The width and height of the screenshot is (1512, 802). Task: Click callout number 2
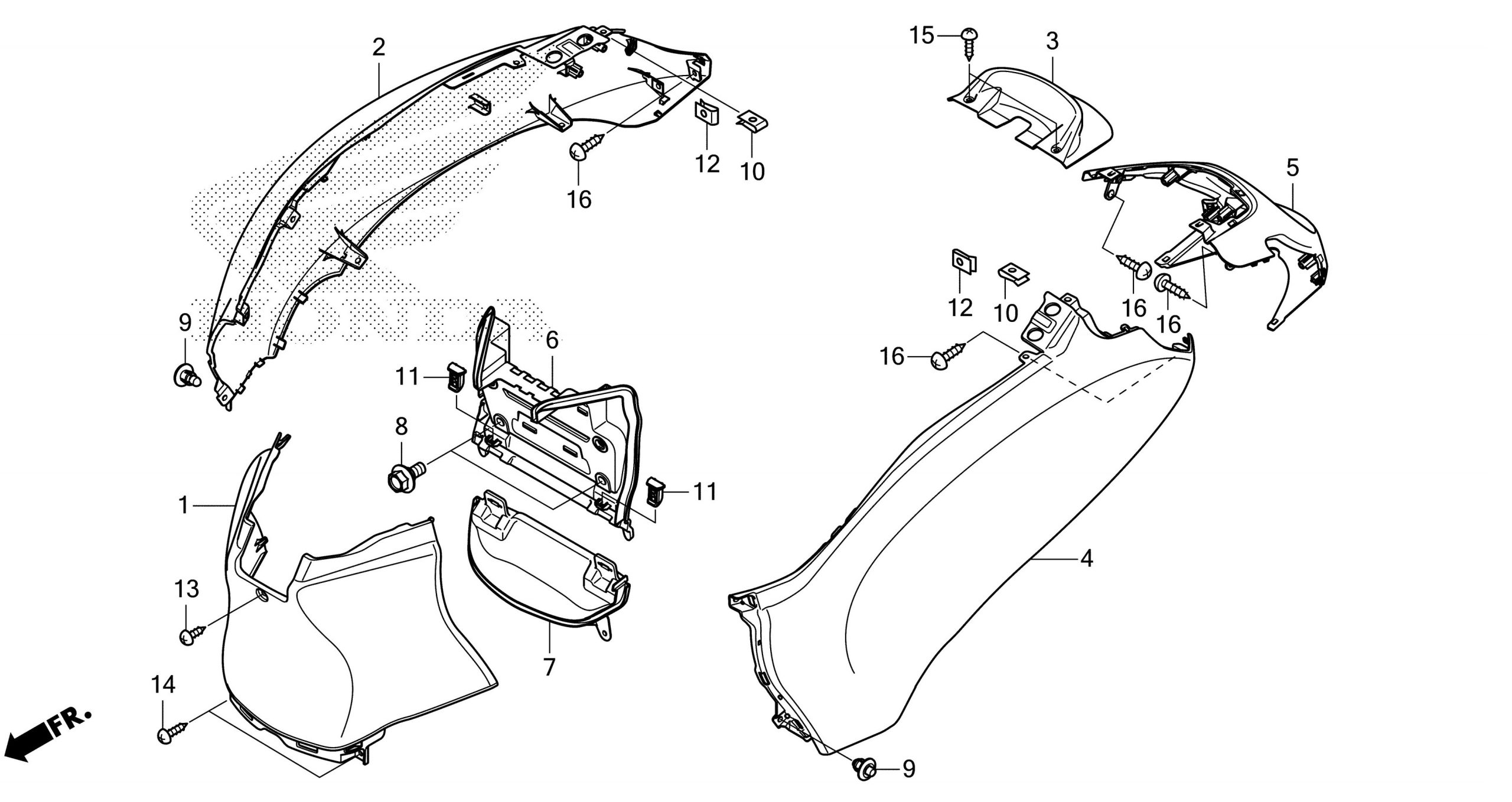click(379, 48)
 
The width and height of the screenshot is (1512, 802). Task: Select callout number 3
click(1052, 42)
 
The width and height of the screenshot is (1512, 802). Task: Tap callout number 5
click(1292, 168)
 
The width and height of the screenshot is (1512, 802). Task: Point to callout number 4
click(1087, 558)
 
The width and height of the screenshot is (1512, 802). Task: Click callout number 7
click(549, 667)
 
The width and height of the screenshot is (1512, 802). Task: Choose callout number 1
click(184, 505)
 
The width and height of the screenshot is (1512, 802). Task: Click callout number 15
click(921, 36)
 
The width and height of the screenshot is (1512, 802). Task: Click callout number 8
click(402, 426)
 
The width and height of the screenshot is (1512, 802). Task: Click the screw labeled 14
click(171, 732)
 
